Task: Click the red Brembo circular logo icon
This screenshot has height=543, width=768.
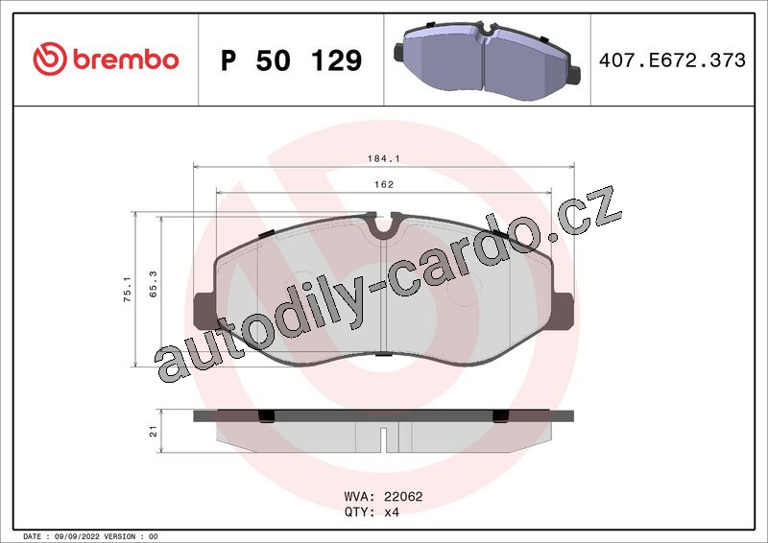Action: (x=50, y=59)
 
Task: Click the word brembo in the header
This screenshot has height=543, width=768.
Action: (x=126, y=59)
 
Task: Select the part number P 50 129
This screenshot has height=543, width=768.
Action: (x=292, y=60)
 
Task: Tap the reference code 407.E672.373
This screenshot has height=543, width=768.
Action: (x=672, y=60)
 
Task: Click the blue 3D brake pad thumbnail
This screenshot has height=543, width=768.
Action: (x=487, y=60)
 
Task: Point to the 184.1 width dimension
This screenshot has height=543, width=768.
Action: (x=383, y=158)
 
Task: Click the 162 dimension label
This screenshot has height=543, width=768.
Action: (x=383, y=184)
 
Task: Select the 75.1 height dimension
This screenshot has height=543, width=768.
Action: (x=128, y=289)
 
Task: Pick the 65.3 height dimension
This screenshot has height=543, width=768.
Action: (x=154, y=284)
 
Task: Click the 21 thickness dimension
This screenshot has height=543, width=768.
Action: (x=154, y=432)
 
